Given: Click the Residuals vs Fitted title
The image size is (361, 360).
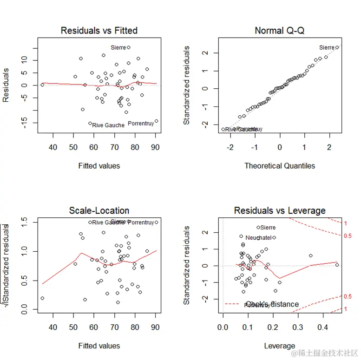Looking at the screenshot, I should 99,31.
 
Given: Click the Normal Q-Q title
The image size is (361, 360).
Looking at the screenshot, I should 279,31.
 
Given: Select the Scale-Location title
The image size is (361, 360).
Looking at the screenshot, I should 99,210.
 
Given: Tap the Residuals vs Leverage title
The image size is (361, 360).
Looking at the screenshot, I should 279,210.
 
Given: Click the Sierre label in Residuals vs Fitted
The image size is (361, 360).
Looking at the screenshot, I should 118,47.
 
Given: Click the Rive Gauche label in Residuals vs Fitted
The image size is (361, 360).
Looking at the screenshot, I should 108,125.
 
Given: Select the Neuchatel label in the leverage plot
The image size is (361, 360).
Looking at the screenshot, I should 258,237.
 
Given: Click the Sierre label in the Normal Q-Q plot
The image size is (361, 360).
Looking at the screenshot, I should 327,47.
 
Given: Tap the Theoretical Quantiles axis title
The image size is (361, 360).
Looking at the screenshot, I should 279,165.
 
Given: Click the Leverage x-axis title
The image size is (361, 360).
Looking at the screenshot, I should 279,346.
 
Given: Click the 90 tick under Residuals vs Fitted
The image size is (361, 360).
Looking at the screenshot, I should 155,148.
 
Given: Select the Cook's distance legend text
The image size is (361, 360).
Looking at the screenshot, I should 272,304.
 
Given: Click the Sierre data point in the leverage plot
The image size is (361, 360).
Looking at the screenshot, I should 258,228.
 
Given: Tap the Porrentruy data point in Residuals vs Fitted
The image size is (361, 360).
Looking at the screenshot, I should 157,121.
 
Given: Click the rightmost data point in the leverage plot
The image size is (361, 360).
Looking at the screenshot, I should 337,265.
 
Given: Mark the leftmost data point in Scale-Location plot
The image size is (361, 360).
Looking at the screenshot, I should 42,298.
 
